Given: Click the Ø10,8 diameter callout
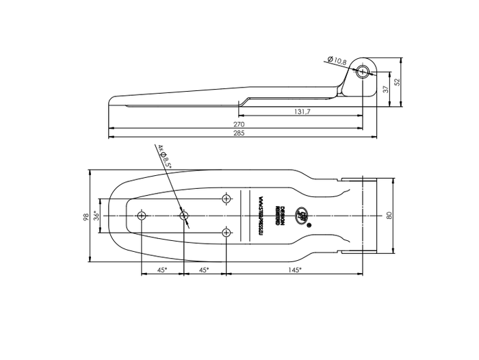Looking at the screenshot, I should tap(337, 61).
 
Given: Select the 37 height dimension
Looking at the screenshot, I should tap(386, 89).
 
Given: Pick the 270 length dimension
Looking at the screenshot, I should tap(239, 124).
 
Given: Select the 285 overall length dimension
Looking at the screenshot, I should tap(239, 133).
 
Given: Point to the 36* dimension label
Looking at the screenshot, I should tap(96, 216).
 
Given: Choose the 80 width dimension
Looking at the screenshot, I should tap(389, 216).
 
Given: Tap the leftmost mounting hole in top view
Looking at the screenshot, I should tap(141, 216).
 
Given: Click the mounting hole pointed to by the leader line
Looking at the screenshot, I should tap(183, 216).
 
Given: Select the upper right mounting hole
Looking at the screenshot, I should tap(226, 198).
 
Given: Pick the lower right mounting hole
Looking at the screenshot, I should tap(226, 233).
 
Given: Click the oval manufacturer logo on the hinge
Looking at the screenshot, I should tap(301, 216).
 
